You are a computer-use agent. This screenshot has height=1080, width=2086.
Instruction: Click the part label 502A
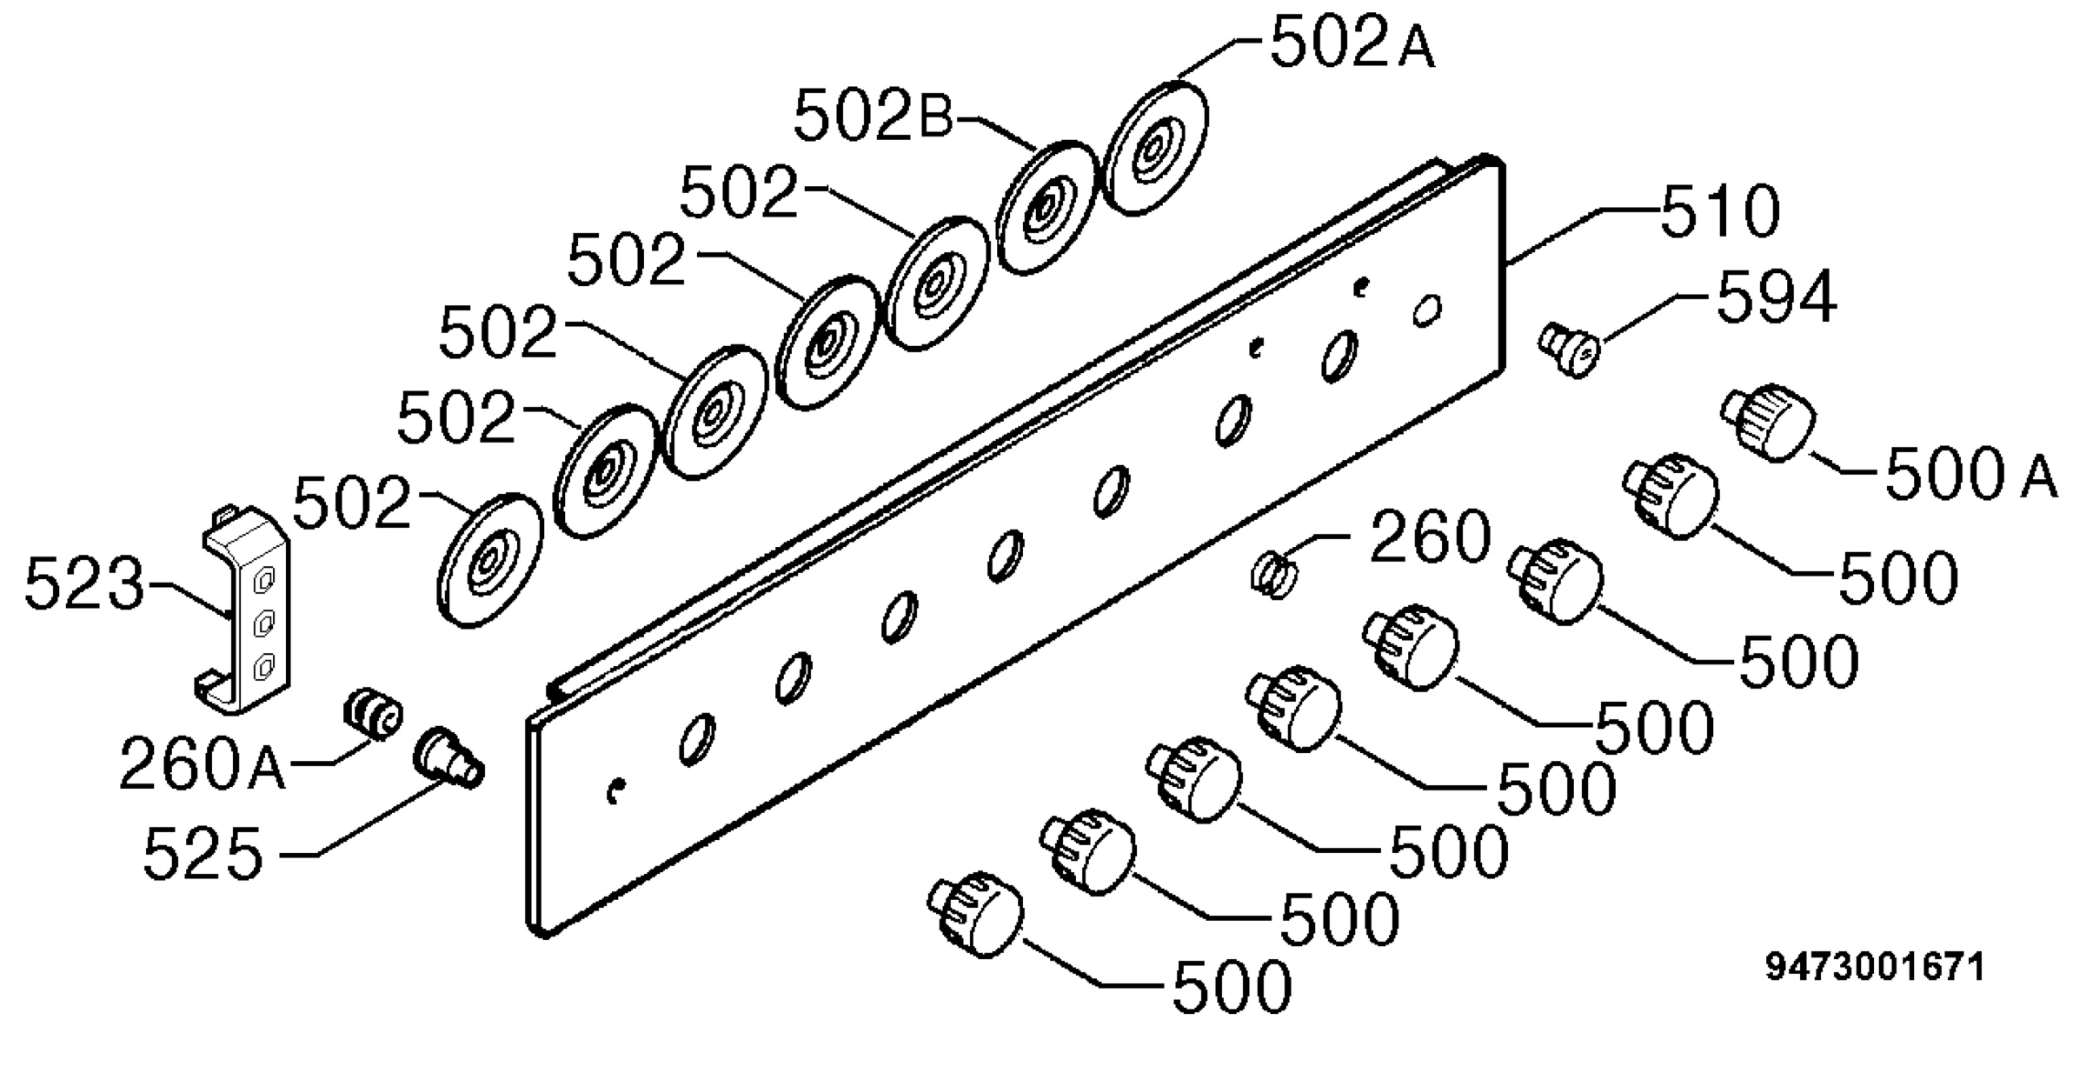[1352, 43]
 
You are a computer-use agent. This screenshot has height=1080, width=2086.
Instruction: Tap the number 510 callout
[1720, 211]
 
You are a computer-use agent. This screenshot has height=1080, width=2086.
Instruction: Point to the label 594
[1777, 297]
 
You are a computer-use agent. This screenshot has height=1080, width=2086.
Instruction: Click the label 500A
[1971, 475]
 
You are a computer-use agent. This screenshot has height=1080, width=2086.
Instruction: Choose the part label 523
[84, 583]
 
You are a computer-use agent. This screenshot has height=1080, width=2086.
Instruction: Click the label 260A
[202, 764]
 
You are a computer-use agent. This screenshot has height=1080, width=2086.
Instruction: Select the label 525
[203, 853]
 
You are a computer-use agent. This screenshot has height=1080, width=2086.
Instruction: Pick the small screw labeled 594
[1569, 350]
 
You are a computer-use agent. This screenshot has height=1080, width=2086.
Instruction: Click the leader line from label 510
[1583, 235]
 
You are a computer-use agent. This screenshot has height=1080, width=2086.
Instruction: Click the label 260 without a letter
[1430, 537]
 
